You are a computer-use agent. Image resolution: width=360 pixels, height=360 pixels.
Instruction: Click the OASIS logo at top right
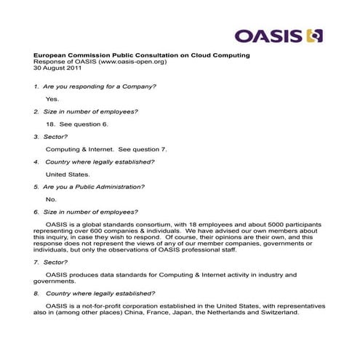(x=279, y=35)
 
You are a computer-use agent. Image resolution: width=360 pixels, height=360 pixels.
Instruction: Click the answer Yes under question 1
(x=52, y=98)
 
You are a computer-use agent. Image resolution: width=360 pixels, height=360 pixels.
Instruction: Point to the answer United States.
(x=68, y=175)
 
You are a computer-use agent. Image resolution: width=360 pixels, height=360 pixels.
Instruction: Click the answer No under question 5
(x=50, y=199)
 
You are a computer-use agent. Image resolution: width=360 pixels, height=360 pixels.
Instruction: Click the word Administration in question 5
(x=117, y=187)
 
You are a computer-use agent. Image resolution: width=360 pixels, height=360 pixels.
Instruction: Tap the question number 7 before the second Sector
(x=36, y=262)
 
